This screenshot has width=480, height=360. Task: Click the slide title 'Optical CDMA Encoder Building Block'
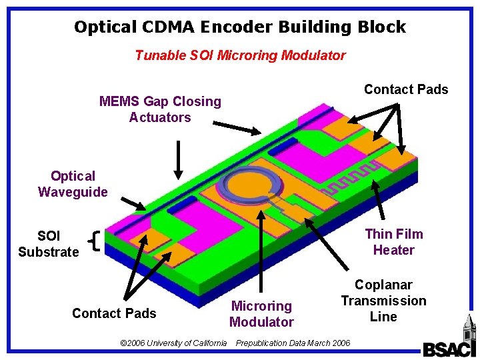240,27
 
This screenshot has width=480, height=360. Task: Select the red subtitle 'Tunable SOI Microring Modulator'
240,55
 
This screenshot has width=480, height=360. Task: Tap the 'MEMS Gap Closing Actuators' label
160,109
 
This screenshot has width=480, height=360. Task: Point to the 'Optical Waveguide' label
73,184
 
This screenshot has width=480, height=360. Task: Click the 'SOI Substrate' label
49,243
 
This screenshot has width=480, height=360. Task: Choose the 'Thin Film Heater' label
394,242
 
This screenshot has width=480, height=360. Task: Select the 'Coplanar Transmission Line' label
383,301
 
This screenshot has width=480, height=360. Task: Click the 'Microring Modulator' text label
261,314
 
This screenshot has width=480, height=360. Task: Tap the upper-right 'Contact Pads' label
406,89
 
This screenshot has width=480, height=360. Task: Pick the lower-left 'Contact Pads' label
114,313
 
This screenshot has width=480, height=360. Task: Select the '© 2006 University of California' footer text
173,343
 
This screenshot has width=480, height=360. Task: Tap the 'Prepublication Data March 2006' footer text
293,343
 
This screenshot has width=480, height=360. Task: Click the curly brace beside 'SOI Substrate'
94,242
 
